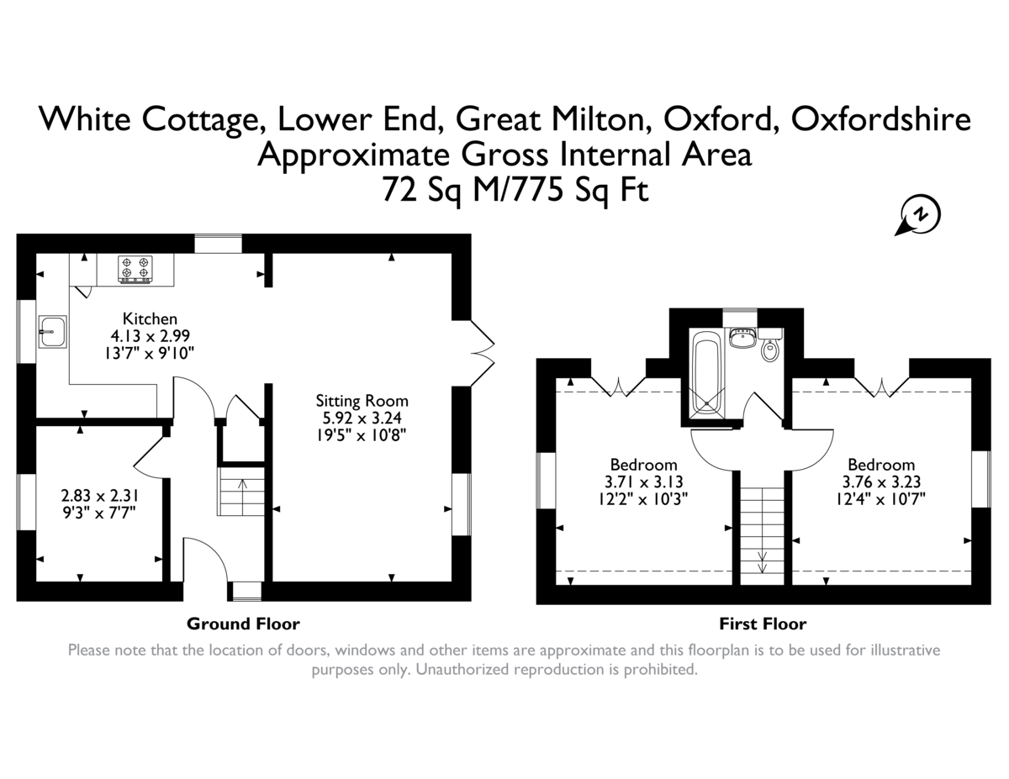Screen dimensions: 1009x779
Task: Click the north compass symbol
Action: point(918,215)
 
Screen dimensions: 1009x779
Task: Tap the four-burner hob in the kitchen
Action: point(135,269)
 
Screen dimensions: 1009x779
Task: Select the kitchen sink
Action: point(52,332)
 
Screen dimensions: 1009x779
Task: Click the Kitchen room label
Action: point(150,318)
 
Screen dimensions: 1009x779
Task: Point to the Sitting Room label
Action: point(362,400)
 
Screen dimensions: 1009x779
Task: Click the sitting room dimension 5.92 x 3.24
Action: point(362,418)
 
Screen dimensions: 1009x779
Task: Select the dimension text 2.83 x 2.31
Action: point(100,496)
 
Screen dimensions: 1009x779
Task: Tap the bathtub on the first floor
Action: point(707,376)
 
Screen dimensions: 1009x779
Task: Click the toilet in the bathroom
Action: point(770,345)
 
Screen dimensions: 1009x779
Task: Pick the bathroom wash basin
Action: point(742,337)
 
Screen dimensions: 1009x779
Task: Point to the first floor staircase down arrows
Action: point(762,562)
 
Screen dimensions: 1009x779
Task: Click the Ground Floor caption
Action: point(243,624)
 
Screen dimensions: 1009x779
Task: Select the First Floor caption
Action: point(763,624)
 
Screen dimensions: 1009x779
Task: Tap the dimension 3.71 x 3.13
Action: point(643,482)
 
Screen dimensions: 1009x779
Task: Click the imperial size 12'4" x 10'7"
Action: point(881,499)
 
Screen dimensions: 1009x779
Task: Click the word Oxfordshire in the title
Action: point(881,119)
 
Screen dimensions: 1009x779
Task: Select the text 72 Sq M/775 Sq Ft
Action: point(515,190)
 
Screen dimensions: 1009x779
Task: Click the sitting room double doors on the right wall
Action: point(483,353)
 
